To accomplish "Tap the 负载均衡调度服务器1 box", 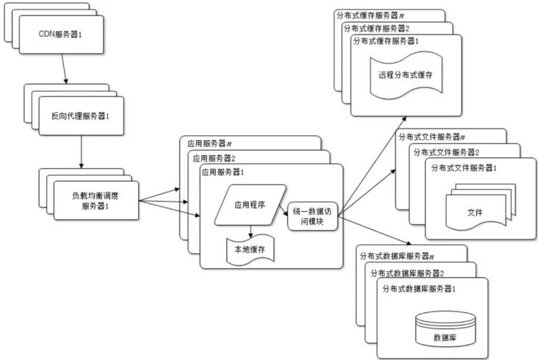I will (95, 200).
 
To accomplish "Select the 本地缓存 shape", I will (249, 250).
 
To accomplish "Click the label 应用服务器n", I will (209, 143).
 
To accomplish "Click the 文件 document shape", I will (474, 210).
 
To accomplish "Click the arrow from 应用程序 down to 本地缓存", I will (250, 232).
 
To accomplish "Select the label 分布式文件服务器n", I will (429, 137).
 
